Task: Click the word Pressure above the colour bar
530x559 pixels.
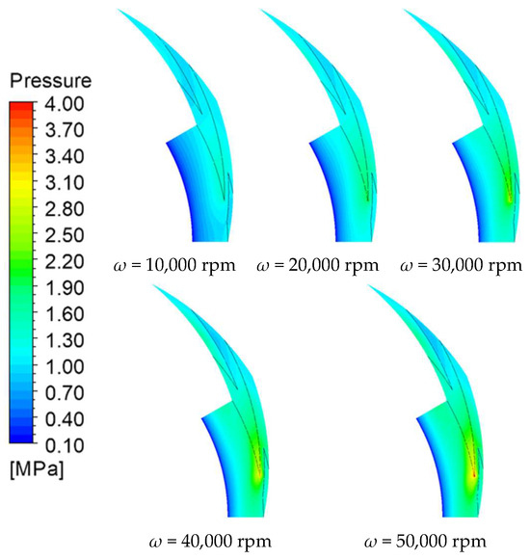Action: pos(51,81)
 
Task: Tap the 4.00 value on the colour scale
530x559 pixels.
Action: pos(65,104)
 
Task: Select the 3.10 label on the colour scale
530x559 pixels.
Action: pos(65,182)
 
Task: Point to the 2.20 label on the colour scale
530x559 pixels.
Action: pos(65,261)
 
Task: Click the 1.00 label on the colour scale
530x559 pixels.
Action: pos(65,366)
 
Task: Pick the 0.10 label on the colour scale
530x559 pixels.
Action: pos(65,445)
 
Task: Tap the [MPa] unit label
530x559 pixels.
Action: pos(37,469)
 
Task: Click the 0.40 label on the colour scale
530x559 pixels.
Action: pos(65,419)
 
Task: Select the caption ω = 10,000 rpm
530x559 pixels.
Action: pos(174,266)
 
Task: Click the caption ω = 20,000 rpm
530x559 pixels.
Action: pos(317,266)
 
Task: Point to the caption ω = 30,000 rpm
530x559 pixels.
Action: pos(461,266)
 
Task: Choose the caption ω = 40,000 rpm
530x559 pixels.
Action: pos(210,542)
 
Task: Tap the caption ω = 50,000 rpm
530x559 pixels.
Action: pos(425,542)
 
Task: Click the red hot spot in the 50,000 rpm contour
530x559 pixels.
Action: pos(474,474)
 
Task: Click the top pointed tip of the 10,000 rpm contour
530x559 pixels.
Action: pos(118,10)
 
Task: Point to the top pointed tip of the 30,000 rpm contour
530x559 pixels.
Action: pos(404,10)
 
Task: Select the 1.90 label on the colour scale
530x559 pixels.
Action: pos(65,288)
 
